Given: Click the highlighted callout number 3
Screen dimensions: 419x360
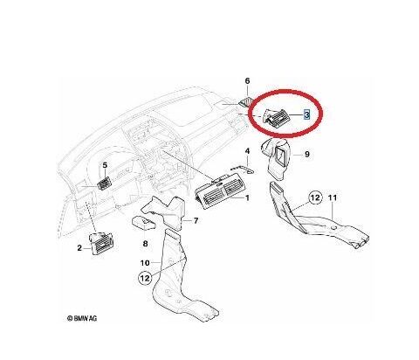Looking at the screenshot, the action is pyautogui.click(x=306, y=114).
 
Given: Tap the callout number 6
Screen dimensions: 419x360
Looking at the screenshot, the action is pyautogui.click(x=247, y=80).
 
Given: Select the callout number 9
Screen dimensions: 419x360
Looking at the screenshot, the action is pyautogui.click(x=307, y=154).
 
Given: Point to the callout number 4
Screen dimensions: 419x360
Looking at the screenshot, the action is pyautogui.click(x=247, y=151).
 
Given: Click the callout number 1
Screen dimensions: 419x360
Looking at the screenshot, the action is pyautogui.click(x=247, y=198).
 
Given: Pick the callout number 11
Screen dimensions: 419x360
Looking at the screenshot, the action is pyautogui.click(x=333, y=197).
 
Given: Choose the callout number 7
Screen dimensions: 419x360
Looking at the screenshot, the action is pyautogui.click(x=196, y=221).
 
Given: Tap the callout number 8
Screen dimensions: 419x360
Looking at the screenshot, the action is pyautogui.click(x=145, y=244).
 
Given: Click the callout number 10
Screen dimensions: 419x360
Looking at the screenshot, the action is pyautogui.click(x=145, y=263).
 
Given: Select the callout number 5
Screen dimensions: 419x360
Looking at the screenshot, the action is pyautogui.click(x=105, y=165).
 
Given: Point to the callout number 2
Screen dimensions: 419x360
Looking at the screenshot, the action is pyautogui.click(x=79, y=248).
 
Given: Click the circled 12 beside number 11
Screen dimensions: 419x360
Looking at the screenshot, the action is pyautogui.click(x=315, y=198).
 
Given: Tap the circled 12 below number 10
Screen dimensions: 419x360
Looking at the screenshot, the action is pyautogui.click(x=145, y=278).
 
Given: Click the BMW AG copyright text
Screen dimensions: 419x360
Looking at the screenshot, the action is pyautogui.click(x=82, y=318).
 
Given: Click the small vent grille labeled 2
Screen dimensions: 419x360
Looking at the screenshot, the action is pyautogui.click(x=101, y=244).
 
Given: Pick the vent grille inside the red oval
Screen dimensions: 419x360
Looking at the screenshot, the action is pyautogui.click(x=275, y=117).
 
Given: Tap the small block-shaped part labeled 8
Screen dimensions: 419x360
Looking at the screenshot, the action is pyautogui.click(x=144, y=223).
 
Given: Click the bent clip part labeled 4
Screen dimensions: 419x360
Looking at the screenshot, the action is pyautogui.click(x=243, y=170).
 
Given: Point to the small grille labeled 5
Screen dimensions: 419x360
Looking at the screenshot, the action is pyautogui.click(x=104, y=183).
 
